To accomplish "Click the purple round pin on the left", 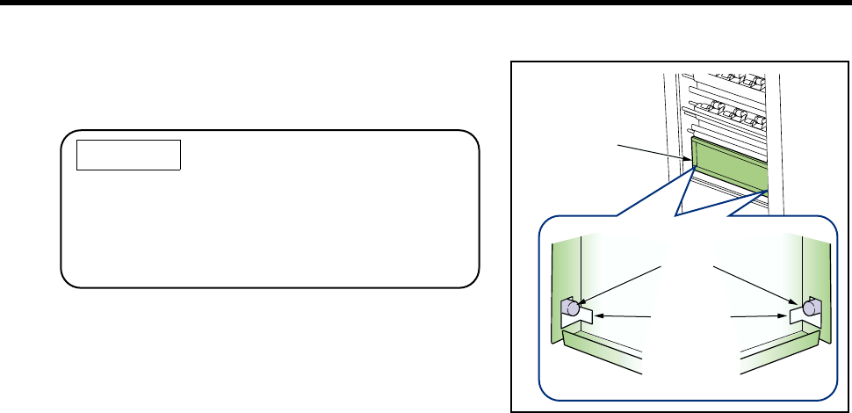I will point(571,308).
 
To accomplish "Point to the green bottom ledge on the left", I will point(597,347).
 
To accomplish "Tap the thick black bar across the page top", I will point(426,4).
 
